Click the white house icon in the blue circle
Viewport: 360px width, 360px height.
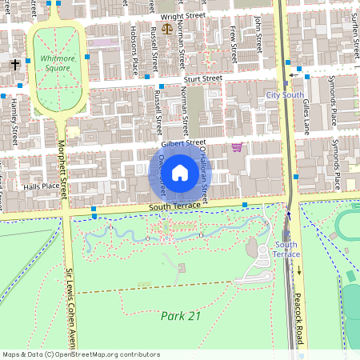tap(180, 172)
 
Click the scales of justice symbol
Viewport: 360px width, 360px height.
tap(167, 29)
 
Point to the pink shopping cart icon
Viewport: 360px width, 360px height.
tap(237, 146)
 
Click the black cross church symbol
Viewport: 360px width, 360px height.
tap(15, 62)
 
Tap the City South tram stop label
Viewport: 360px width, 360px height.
tap(285, 94)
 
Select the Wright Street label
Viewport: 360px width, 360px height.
tap(183, 15)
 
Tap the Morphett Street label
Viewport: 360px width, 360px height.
tap(63, 164)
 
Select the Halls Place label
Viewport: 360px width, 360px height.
tap(42, 186)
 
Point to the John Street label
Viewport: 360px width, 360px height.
tap(258, 32)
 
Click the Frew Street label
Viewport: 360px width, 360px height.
tap(233, 44)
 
